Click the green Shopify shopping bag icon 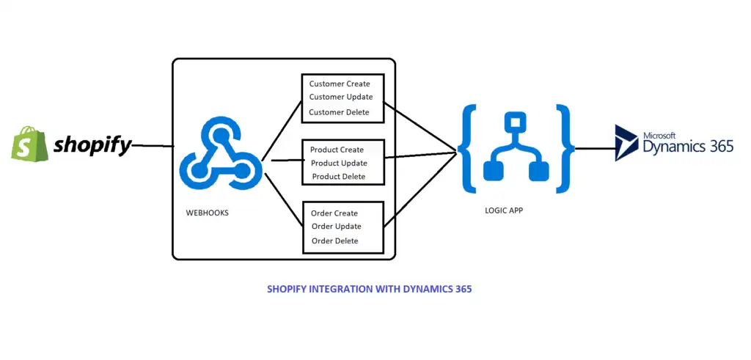[27, 143]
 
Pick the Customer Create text [340, 84]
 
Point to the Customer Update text [341, 97]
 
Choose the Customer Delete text [339, 112]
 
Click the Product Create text [337, 150]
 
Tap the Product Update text [339, 163]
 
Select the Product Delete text [338, 177]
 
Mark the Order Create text [334, 213]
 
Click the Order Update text [336, 227]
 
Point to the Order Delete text [334, 240]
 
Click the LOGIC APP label [505, 210]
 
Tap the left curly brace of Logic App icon [468, 149]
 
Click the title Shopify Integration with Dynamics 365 [370, 289]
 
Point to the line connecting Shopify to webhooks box [153, 146]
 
